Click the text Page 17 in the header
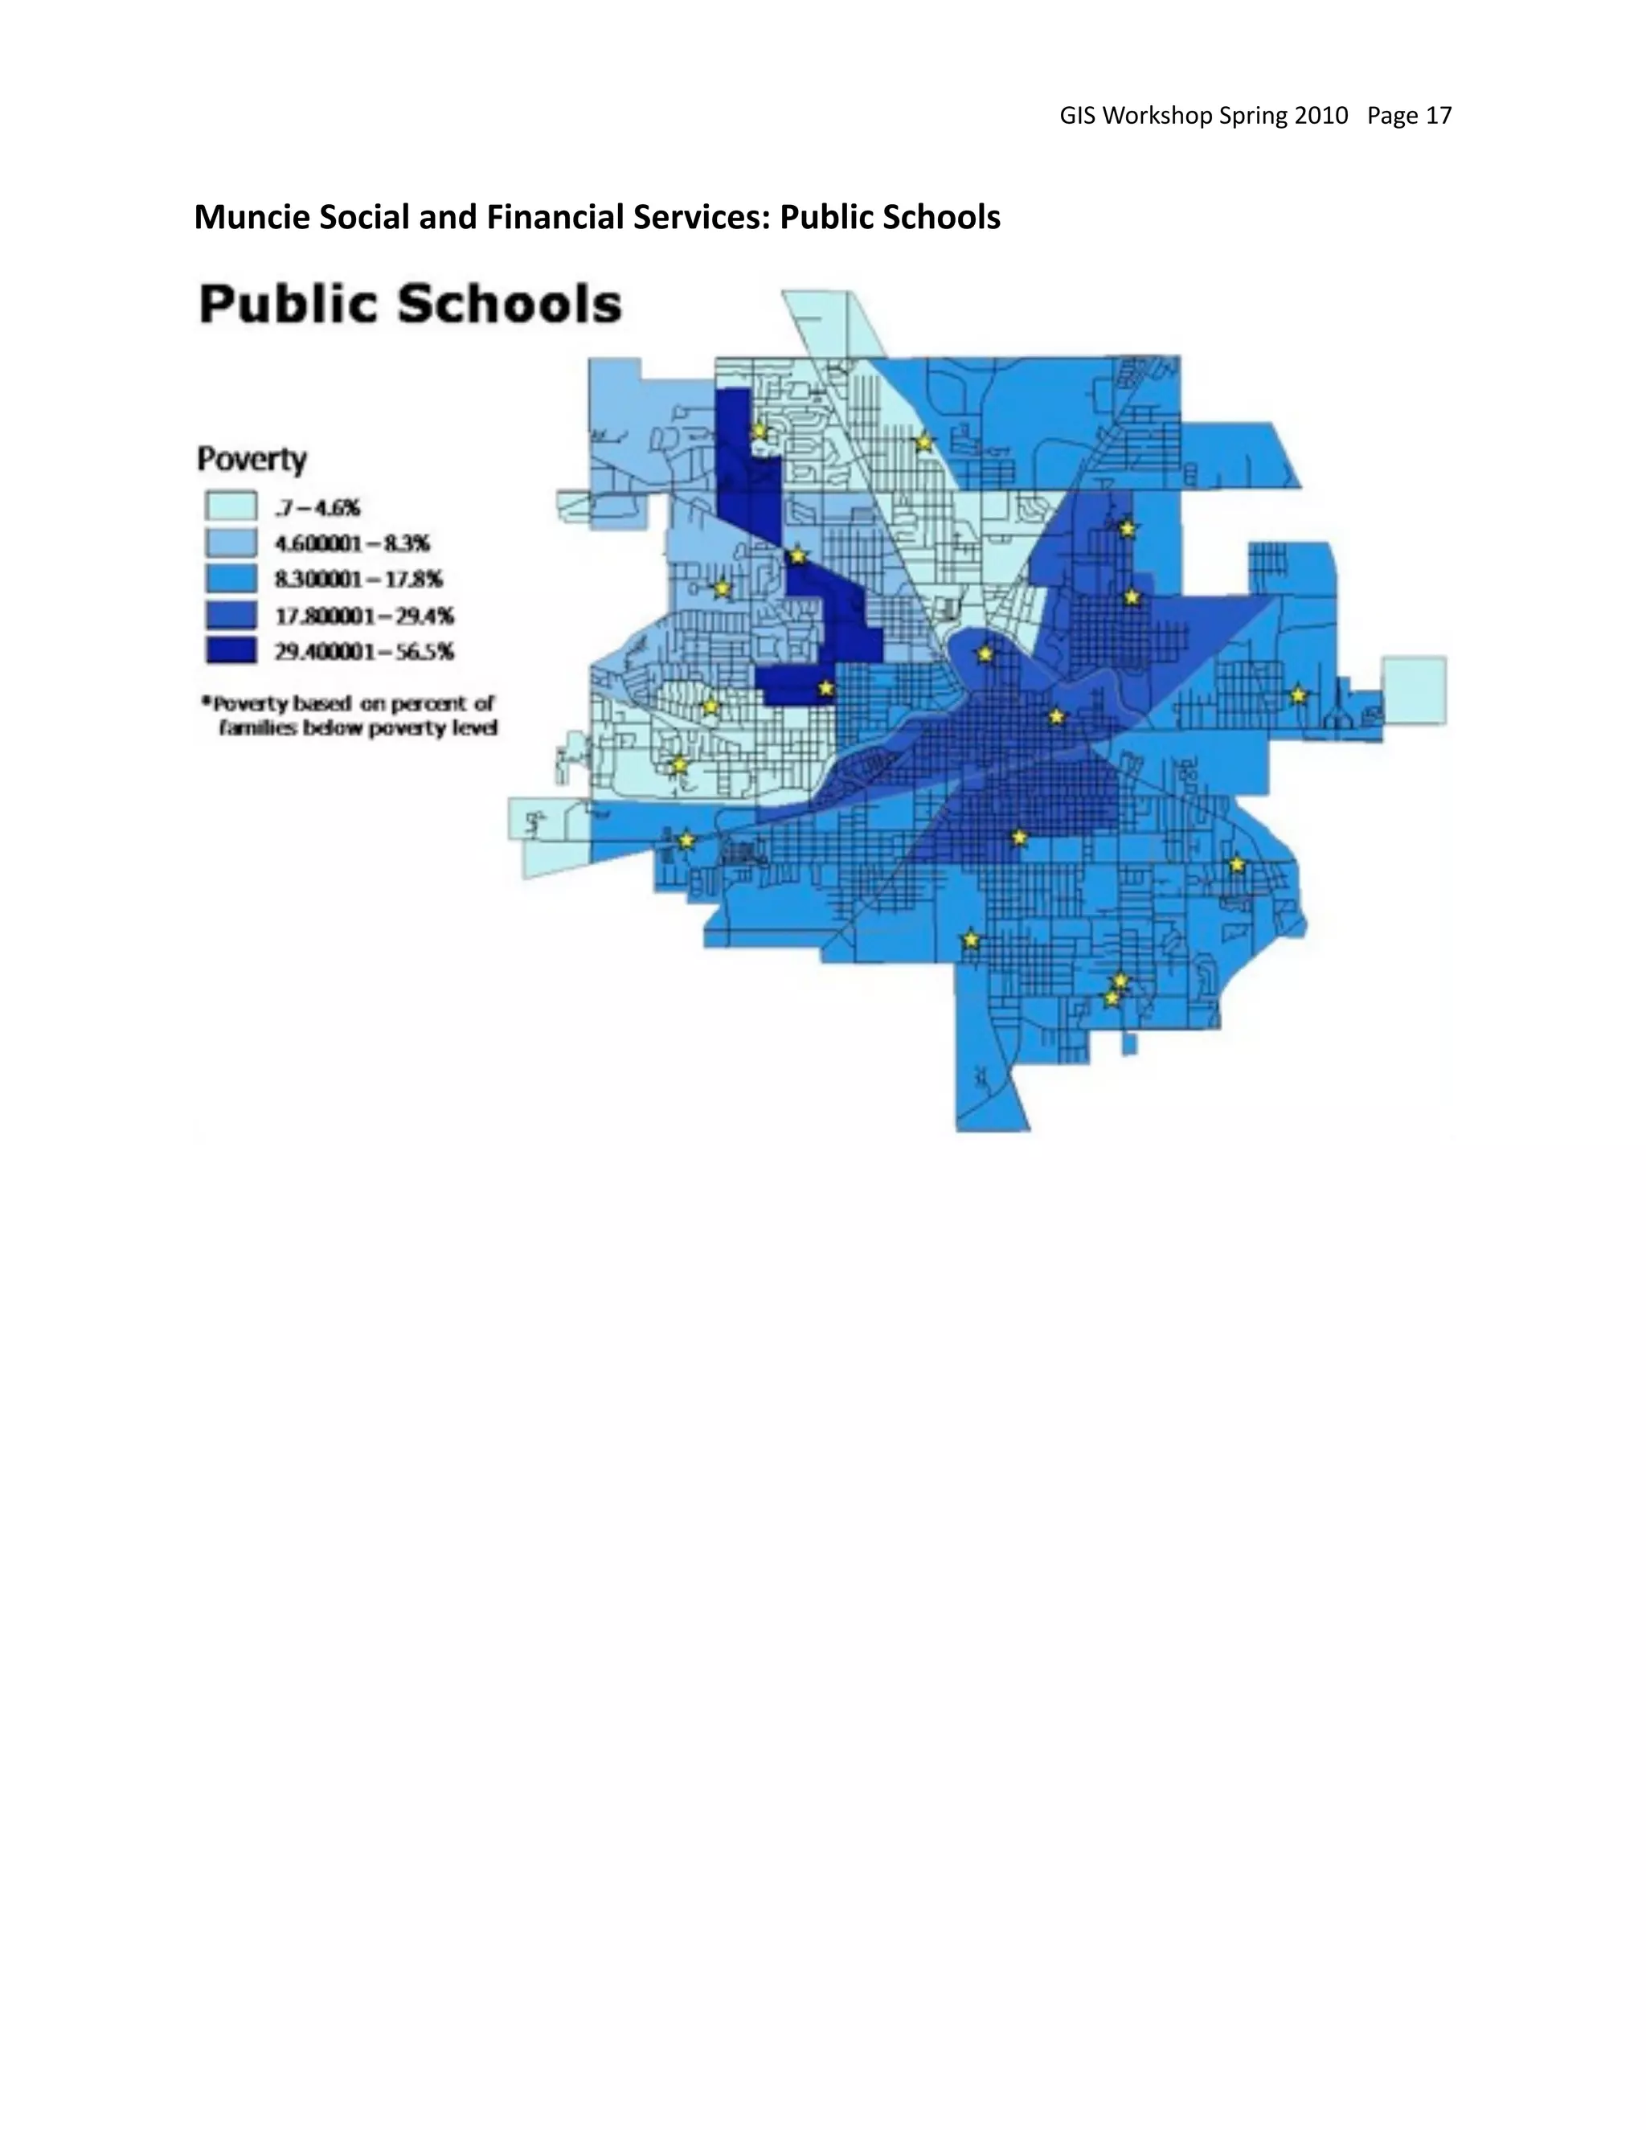tap(1409, 116)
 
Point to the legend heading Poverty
tap(252, 458)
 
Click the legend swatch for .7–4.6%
tap(231, 506)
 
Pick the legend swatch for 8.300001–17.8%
tap(231, 579)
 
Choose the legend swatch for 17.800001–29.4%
tap(231, 614)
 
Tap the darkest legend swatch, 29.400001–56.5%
tap(231, 650)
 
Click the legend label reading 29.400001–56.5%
tap(364, 652)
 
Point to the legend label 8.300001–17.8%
tap(358, 580)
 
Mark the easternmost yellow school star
tap(1298, 695)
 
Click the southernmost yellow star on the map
tap(1111, 998)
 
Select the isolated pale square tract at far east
tap(1414, 690)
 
